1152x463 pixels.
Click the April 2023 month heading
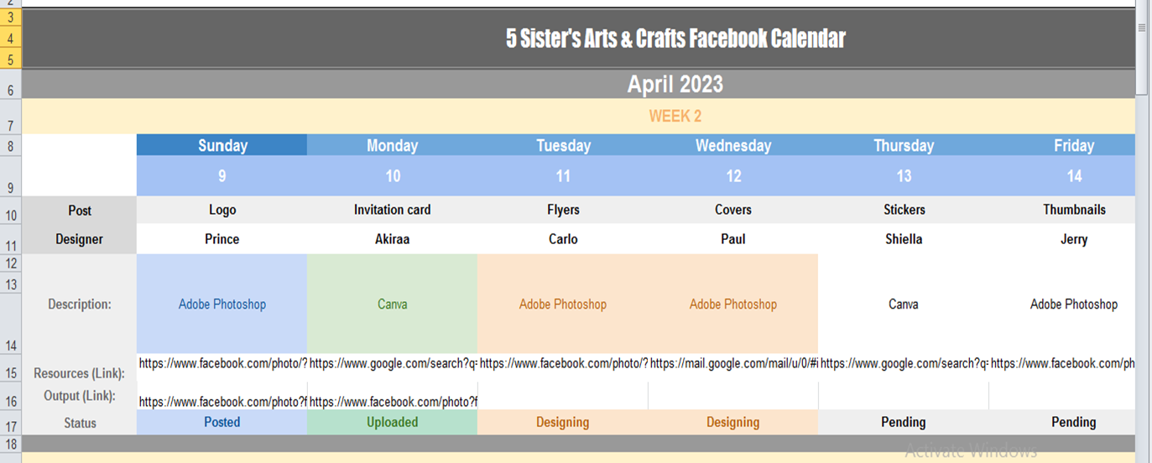[x=675, y=84]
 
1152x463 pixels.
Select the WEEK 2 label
[x=675, y=116]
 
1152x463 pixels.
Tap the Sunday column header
[x=222, y=145]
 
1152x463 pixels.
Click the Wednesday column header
[x=733, y=145]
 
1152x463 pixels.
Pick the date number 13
[x=904, y=176]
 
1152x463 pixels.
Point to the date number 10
[x=393, y=176]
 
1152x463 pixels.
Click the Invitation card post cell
[x=393, y=210]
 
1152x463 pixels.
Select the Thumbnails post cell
[x=1074, y=210]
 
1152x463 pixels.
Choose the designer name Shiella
[x=904, y=239]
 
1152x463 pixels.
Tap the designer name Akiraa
[x=393, y=239]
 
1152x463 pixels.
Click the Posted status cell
[x=222, y=422]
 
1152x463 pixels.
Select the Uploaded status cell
[x=393, y=422]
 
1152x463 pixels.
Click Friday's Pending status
[x=1074, y=422]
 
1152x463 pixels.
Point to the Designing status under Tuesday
[x=563, y=422]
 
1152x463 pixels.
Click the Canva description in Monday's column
[x=393, y=304]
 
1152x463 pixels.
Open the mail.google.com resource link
[x=734, y=363]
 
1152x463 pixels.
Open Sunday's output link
[x=222, y=401]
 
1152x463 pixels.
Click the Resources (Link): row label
[x=79, y=373]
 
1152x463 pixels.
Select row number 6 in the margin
[x=10, y=91]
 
